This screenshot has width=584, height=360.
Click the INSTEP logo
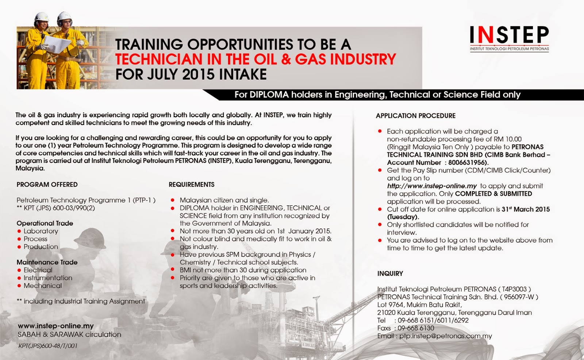click(510, 39)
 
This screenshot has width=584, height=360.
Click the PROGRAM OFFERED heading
click(47, 185)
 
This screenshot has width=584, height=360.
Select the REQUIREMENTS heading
click(192, 185)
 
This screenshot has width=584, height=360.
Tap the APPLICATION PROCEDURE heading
click(416, 116)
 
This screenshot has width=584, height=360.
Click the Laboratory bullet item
click(41, 231)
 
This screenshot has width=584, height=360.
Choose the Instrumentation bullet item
click(48, 278)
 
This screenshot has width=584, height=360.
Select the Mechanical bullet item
click(43, 286)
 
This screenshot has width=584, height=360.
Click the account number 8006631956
click(468, 162)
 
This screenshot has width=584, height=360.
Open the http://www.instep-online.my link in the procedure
click(432, 186)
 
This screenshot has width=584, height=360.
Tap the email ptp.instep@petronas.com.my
click(446, 336)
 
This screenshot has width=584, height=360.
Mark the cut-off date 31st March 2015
click(526, 209)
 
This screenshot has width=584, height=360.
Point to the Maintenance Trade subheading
click(47, 262)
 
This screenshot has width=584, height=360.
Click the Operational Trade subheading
click(45, 223)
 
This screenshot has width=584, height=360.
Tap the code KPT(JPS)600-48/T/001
click(48, 346)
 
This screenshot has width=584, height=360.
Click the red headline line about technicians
click(255, 59)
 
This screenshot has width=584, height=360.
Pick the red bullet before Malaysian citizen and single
click(172, 200)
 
